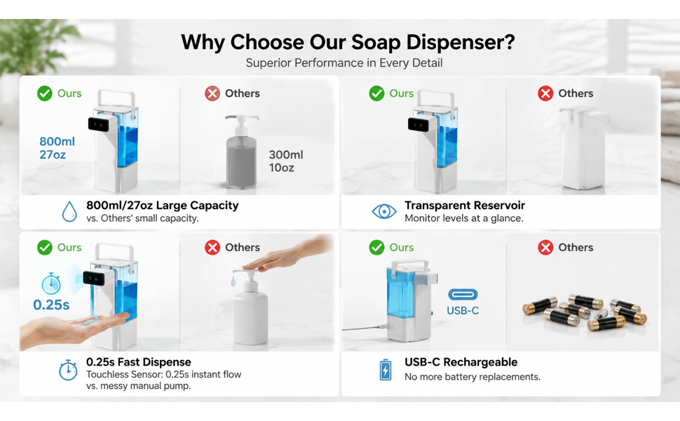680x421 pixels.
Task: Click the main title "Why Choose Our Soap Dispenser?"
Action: click(348, 43)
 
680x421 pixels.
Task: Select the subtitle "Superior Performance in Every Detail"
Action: click(344, 63)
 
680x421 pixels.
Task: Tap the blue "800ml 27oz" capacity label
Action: click(57, 148)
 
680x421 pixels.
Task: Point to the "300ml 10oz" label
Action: click(286, 161)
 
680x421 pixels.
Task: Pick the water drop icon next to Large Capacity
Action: click(69, 211)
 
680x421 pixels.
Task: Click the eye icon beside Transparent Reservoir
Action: click(383, 211)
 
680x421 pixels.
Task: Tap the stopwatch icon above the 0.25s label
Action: click(51, 284)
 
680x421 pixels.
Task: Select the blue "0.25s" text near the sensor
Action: click(51, 305)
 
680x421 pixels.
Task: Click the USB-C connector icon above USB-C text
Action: click(463, 295)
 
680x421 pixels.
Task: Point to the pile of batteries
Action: click(585, 312)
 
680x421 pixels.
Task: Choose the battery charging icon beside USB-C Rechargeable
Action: click(385, 370)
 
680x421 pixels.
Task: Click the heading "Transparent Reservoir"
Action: click(465, 206)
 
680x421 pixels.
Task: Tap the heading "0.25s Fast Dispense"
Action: click(138, 362)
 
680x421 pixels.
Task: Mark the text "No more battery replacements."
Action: click(472, 377)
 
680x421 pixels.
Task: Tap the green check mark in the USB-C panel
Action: click(376, 248)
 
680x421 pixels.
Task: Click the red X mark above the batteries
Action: click(545, 248)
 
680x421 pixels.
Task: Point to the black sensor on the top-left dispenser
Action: click(98, 125)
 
